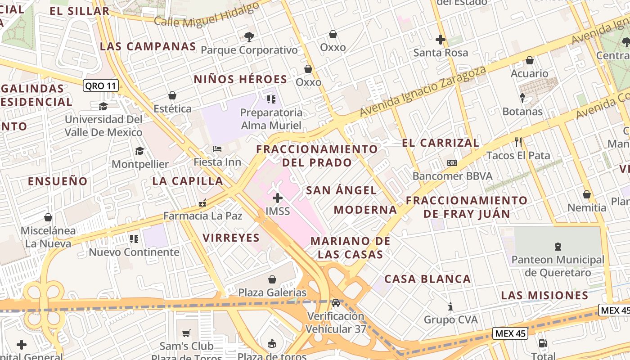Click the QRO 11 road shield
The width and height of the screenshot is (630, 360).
(x=101, y=86)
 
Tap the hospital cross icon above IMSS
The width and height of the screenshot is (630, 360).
(x=278, y=198)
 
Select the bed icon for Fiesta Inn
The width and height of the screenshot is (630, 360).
(x=217, y=149)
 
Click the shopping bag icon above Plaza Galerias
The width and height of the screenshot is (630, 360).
(x=272, y=279)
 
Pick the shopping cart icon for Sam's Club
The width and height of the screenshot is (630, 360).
(x=186, y=333)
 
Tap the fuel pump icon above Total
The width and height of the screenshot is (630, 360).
(x=543, y=343)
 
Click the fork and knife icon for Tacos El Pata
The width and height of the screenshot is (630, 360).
(x=518, y=142)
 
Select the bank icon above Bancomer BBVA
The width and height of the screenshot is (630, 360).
(x=452, y=163)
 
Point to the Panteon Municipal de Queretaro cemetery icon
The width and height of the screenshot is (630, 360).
(x=558, y=246)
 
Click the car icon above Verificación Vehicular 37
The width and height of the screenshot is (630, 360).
(x=336, y=302)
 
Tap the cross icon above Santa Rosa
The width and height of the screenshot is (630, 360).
(x=441, y=40)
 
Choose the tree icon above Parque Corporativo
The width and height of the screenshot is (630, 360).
(x=249, y=37)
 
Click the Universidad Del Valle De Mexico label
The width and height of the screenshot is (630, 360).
(x=103, y=126)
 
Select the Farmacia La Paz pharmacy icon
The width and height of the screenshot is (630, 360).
(x=202, y=203)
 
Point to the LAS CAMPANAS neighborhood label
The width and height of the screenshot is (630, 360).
(x=148, y=46)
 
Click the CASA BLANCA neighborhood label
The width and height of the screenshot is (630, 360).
(x=427, y=279)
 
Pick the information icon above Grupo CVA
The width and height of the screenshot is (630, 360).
(x=450, y=307)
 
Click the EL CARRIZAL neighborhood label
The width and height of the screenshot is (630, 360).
(x=441, y=143)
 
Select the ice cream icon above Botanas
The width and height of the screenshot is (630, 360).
(x=522, y=98)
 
